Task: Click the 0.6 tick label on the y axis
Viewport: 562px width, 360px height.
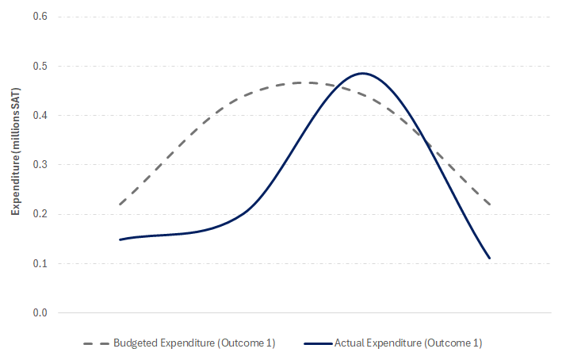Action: click(x=40, y=17)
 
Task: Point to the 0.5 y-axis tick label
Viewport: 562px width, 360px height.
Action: click(x=40, y=66)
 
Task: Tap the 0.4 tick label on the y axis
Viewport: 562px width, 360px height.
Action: click(x=40, y=115)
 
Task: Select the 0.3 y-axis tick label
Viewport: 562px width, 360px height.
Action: click(x=40, y=165)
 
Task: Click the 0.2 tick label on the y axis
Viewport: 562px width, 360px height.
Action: click(x=40, y=214)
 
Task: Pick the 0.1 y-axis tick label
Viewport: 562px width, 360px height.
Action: click(x=40, y=263)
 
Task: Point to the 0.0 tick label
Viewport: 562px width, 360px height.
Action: click(x=40, y=312)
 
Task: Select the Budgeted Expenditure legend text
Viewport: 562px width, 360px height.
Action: click(x=193, y=343)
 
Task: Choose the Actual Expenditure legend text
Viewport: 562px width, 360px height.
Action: click(x=408, y=343)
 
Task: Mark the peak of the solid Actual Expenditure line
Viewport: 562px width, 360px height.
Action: click(x=362, y=73)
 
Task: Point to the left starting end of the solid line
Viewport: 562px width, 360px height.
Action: click(x=120, y=239)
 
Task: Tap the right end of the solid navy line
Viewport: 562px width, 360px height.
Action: click(x=490, y=258)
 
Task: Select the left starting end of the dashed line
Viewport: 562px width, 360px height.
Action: click(x=120, y=204)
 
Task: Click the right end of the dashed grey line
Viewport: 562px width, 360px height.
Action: click(x=490, y=204)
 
